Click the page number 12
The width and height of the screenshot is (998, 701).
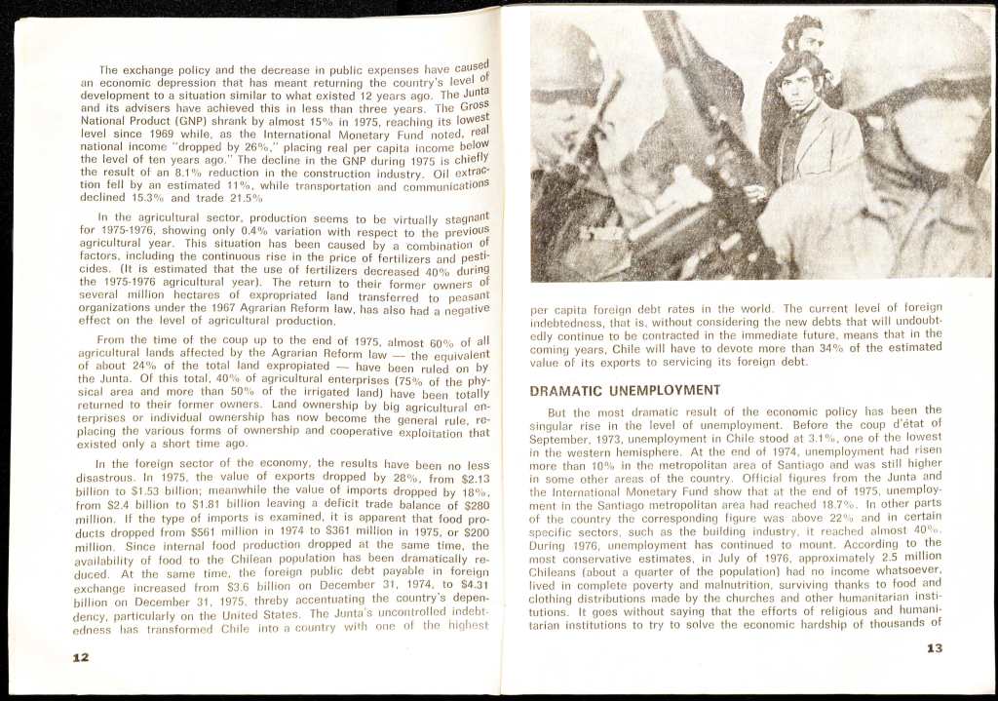(81, 656)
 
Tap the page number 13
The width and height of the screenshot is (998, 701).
(934, 647)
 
